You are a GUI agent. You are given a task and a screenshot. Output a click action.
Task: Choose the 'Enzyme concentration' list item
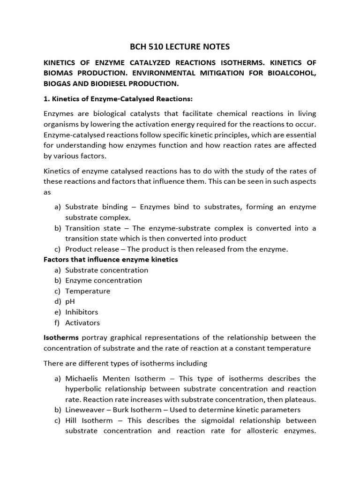pos(104,280)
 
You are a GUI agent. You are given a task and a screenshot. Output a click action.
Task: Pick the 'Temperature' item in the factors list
pos(88,291)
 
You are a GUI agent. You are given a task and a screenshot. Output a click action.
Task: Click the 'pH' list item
pos(70,301)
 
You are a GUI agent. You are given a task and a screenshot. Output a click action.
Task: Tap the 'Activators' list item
pos(82,322)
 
